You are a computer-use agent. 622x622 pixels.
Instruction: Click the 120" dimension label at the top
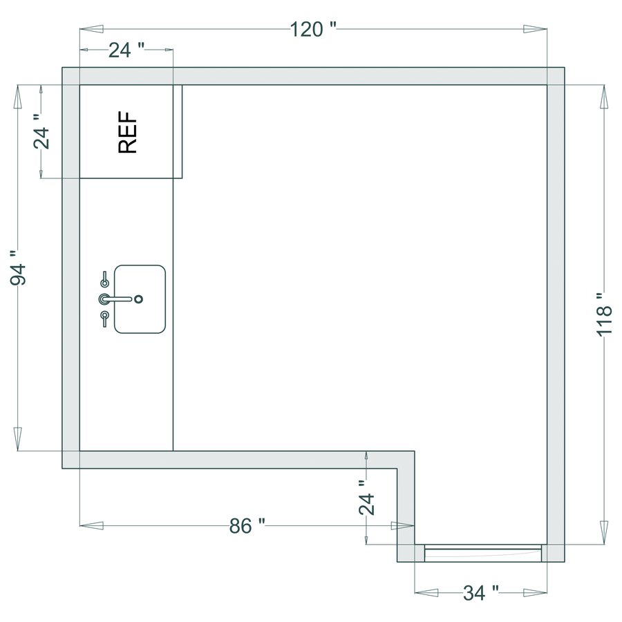313,30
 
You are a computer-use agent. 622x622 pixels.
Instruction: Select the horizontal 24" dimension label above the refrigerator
126,50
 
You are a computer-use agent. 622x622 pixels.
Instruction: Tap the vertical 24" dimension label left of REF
42,132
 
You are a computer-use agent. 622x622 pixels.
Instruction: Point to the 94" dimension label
19,274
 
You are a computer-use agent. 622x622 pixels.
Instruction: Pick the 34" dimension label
481,593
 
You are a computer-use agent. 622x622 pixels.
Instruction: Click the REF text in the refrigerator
128,133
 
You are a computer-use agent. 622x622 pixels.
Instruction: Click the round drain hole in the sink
139,299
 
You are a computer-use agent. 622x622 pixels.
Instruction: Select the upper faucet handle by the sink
105,279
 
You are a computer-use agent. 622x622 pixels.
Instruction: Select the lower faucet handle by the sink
104,318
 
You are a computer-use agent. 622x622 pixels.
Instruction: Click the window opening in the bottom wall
482,552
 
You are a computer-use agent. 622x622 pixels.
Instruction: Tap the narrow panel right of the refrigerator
177,131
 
